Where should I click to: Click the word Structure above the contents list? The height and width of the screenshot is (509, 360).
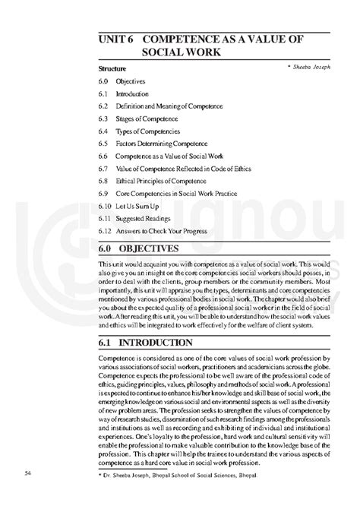pos(112,69)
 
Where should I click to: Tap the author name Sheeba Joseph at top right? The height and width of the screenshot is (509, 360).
pos(308,67)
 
